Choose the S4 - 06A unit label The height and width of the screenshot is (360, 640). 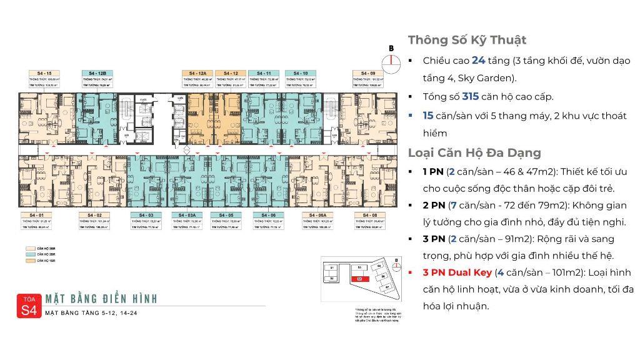click(x=316, y=215)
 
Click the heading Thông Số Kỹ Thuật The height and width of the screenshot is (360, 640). click(x=467, y=40)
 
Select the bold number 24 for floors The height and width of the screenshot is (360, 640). click(x=478, y=61)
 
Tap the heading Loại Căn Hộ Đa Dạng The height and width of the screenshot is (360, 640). click(x=474, y=152)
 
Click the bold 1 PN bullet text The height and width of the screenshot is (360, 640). click(x=432, y=171)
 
